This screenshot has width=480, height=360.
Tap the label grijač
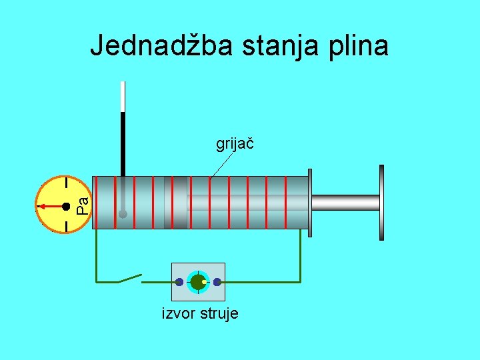point(236,143)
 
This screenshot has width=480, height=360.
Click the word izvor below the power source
point(177,313)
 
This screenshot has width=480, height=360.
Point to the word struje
point(217,313)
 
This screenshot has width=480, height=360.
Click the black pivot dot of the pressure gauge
point(66,207)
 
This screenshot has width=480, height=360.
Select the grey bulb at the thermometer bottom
point(123,215)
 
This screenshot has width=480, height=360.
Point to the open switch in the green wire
point(131,279)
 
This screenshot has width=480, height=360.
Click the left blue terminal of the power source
point(179,282)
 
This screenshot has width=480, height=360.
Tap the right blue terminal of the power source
point(217,282)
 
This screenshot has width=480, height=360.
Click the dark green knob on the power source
point(197,282)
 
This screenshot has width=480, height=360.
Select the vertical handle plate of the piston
point(381,202)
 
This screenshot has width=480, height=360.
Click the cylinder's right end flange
point(309,202)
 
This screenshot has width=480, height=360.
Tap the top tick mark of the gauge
point(67,182)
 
